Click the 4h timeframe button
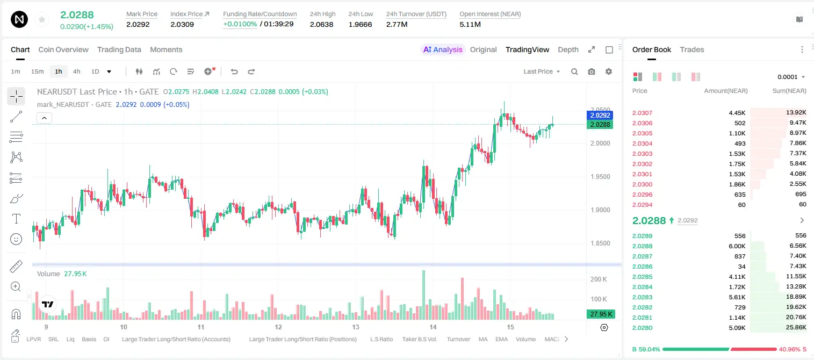coord(76,71)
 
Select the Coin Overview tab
coord(63,49)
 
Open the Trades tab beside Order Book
coord(692,49)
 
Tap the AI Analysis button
coord(443,49)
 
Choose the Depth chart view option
coord(568,49)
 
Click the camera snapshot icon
coord(592,71)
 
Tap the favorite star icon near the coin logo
coord(42,19)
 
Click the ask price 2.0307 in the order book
coord(642,113)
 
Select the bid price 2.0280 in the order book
coord(642,328)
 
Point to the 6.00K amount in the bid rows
coord(737,246)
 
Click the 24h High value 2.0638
coord(322,24)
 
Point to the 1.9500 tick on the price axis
coord(600,177)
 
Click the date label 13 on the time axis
coord(355,327)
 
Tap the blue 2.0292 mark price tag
coord(600,115)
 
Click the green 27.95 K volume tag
coord(601,314)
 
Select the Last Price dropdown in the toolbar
coord(542,71)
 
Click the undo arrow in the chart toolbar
coord(234,71)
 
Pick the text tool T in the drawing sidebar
coord(16,219)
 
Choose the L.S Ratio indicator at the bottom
coord(381,339)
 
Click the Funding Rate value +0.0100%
coord(240,24)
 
